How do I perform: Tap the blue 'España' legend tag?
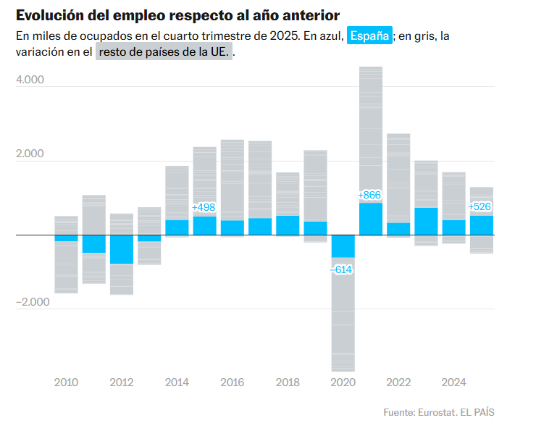[369, 35]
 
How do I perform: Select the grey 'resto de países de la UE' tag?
[164, 52]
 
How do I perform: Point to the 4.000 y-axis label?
[30, 80]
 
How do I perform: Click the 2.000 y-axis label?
[30, 154]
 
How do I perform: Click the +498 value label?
[204, 208]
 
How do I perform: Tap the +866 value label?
[369, 195]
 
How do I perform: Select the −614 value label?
[341, 269]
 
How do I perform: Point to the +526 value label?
[481, 207]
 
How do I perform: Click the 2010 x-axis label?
[66, 382]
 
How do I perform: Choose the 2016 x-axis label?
[232, 382]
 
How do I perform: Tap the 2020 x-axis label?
[343, 382]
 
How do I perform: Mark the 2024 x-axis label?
[453, 382]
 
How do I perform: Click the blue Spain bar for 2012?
[122, 249]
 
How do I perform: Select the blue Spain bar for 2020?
[343, 246]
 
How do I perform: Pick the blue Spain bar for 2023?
[426, 221]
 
